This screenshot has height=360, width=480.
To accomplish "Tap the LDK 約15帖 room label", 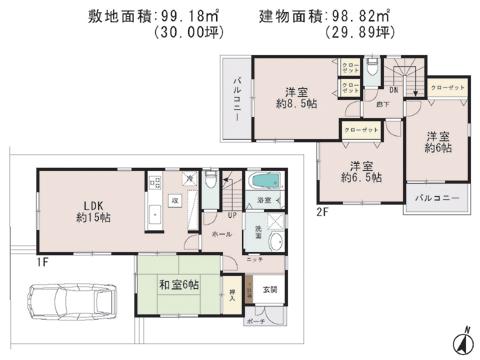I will click(83, 210).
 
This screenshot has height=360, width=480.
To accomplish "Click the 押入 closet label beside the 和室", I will click(232, 296).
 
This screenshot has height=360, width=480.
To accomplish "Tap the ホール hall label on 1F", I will click(221, 232).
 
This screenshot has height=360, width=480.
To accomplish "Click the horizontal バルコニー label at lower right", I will click(436, 198).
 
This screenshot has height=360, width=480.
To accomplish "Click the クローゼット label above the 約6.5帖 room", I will click(361, 131).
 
